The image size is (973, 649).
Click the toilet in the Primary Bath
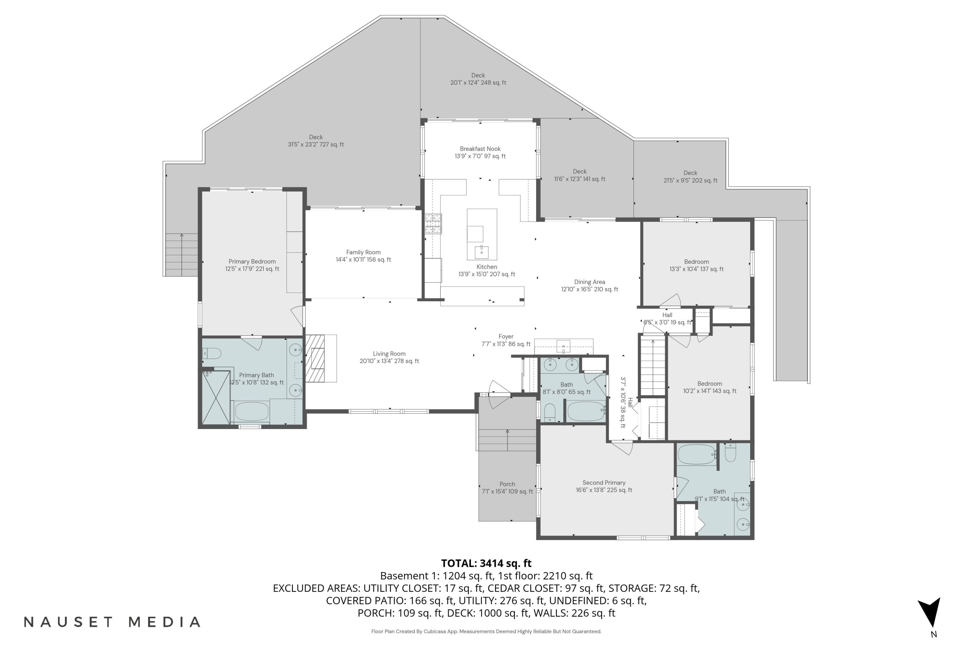212,353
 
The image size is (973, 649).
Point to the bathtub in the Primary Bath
252,411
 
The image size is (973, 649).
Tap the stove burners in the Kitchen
433,224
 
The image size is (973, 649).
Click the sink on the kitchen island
482,252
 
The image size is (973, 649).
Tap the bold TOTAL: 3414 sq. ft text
486,563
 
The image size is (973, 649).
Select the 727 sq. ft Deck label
316,141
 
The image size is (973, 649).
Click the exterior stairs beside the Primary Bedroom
181,254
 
